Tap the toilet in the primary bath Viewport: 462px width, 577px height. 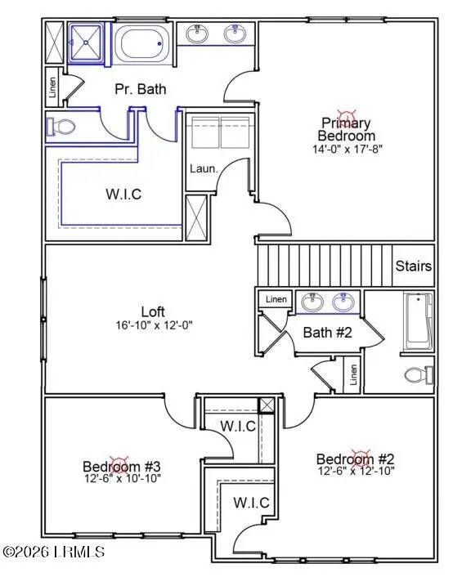(61, 127)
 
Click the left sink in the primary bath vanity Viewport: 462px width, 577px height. (197, 34)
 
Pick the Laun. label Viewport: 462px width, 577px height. (204, 168)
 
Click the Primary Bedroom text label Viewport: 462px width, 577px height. (347, 129)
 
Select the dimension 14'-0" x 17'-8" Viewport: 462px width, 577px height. (347, 150)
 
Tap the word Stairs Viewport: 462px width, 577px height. (414, 266)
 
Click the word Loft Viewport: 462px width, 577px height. (154, 311)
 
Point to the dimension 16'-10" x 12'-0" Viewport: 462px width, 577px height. (155, 325)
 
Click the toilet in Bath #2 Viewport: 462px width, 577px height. (419, 375)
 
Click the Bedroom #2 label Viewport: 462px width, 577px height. (356, 458)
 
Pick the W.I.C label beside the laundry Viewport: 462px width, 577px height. (123, 194)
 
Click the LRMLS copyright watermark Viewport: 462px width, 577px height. (54, 552)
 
